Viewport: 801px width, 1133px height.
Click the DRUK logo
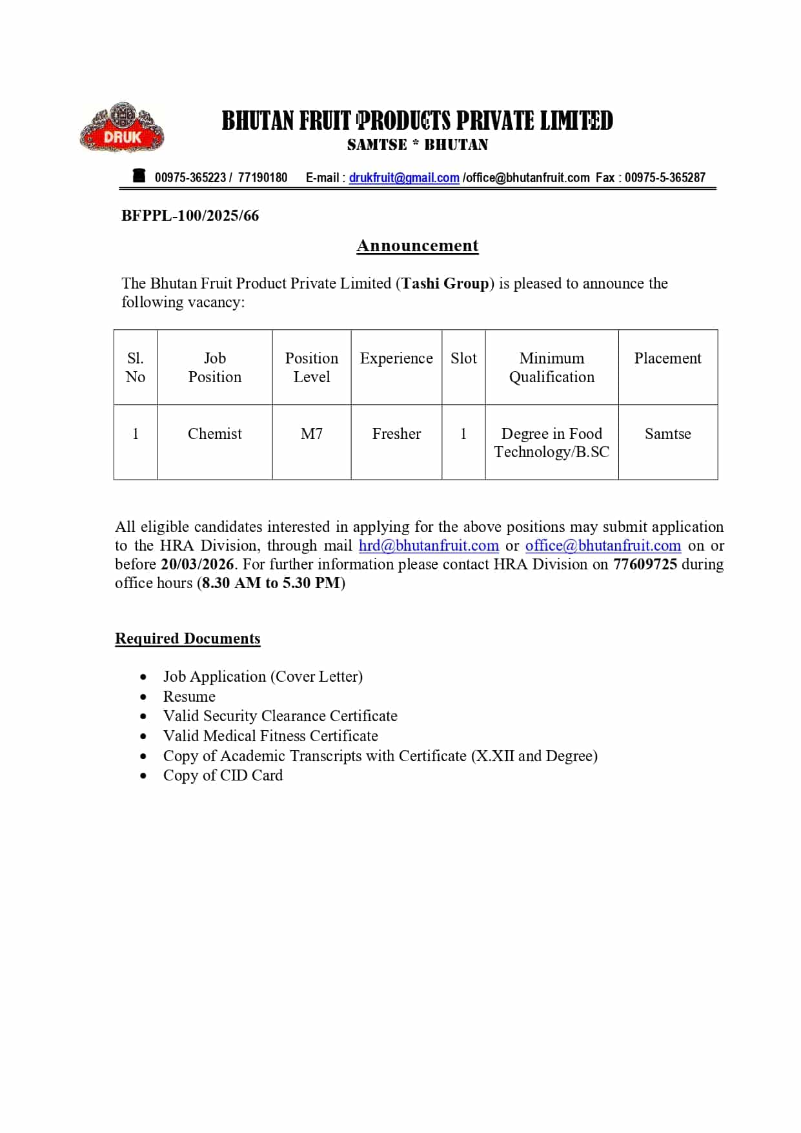coord(122,128)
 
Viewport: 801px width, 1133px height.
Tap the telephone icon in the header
coord(139,176)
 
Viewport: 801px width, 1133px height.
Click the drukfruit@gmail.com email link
coord(404,178)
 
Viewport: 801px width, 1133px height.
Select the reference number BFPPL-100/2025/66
coord(190,216)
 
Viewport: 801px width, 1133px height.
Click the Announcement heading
coord(418,246)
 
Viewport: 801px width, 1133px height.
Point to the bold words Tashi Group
coord(445,283)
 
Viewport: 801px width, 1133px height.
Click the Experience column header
coord(396,358)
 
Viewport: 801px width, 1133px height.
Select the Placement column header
coord(667,358)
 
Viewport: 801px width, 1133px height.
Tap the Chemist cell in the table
coord(214,434)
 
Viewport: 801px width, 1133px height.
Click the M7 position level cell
coord(312,434)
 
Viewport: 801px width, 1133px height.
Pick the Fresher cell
coord(396,434)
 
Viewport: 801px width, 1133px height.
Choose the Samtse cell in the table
coord(667,434)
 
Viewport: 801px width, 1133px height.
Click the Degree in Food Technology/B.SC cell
coord(551,443)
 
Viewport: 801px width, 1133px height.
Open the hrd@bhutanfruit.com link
coord(429,546)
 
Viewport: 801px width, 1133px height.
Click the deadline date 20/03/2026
coord(197,564)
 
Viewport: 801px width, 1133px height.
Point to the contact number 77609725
coord(645,564)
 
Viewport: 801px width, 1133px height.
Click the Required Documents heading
coord(187,638)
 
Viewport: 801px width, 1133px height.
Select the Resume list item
coord(189,697)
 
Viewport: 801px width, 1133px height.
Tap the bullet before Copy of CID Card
coord(143,776)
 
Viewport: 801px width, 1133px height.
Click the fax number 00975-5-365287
coord(665,178)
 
